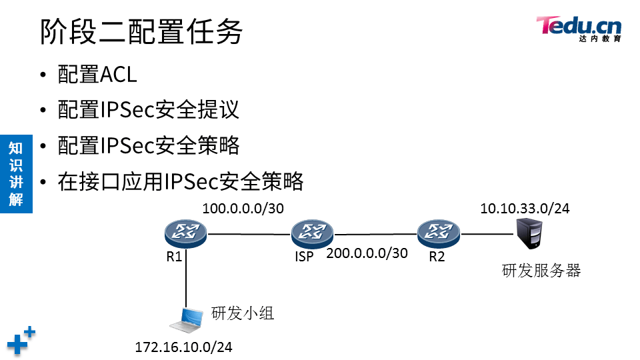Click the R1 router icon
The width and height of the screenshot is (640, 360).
[x=186, y=233]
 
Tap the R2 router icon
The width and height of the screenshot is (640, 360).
[x=439, y=233]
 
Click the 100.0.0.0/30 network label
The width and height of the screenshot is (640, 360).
[x=243, y=209]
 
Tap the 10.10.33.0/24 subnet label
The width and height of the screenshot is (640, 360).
[x=525, y=209]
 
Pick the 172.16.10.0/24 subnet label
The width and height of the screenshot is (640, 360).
[x=183, y=347]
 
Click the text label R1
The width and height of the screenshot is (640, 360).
[x=174, y=257]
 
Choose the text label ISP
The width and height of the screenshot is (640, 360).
[x=304, y=257]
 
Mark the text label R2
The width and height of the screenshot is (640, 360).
[x=436, y=257]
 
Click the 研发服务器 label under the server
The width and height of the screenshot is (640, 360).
[x=541, y=270]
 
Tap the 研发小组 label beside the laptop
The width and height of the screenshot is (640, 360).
[x=243, y=313]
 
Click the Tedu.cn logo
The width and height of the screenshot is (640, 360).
[x=579, y=29]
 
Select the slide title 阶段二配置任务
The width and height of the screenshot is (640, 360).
[x=141, y=32]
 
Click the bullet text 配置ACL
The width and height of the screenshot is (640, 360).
[x=97, y=75]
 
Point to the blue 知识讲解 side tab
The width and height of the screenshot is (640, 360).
[x=16, y=173]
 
